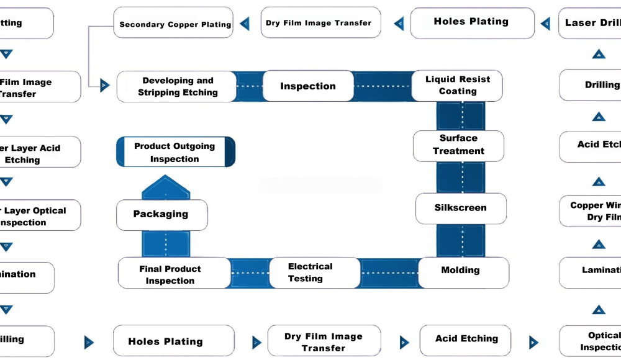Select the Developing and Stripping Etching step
177,86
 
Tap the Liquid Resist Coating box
458,86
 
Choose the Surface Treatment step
458,145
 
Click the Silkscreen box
460,209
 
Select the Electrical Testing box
314,272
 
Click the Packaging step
161,215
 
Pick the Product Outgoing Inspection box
176,152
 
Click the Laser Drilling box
590,24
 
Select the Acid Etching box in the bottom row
466,340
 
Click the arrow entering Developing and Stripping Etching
104,86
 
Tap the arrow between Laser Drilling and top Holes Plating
545,24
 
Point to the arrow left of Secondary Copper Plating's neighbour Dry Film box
245,24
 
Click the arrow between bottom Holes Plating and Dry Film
256,342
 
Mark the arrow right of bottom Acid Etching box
533,342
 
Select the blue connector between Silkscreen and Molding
460,240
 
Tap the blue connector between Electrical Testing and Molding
389,272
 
